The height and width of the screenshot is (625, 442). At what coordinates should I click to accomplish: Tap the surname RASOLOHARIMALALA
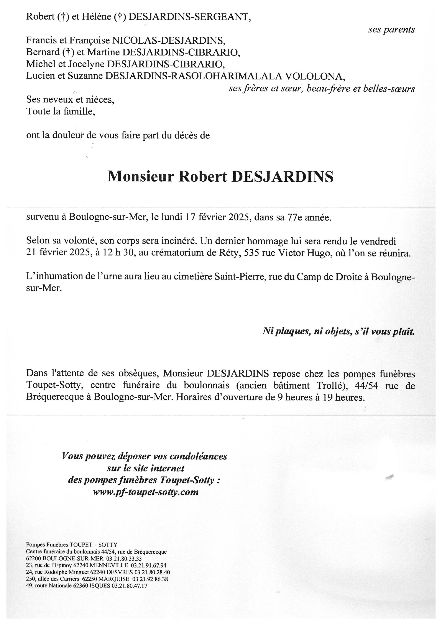click(x=226, y=76)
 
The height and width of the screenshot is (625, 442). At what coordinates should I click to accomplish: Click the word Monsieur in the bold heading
click(x=140, y=176)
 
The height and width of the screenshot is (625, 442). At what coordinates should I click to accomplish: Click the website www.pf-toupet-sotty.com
click(x=146, y=492)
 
